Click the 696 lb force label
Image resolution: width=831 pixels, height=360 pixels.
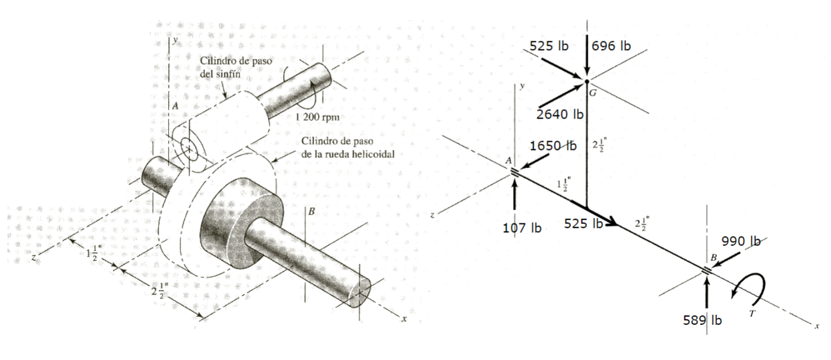coord(611,46)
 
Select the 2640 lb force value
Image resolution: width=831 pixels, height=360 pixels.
coord(560,114)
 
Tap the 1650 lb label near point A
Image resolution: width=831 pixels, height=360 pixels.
coord(553,146)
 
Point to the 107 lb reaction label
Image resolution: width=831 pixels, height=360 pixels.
coord(522,228)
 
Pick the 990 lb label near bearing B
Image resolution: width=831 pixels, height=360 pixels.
coord(741,241)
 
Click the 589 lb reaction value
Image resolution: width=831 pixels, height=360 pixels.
coord(702,320)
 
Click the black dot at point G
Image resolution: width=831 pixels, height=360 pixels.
coord(586,82)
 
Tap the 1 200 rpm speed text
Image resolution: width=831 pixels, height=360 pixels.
coord(317,117)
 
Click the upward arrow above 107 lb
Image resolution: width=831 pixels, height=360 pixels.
coord(515,194)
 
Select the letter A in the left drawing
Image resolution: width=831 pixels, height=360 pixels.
coord(176,107)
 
